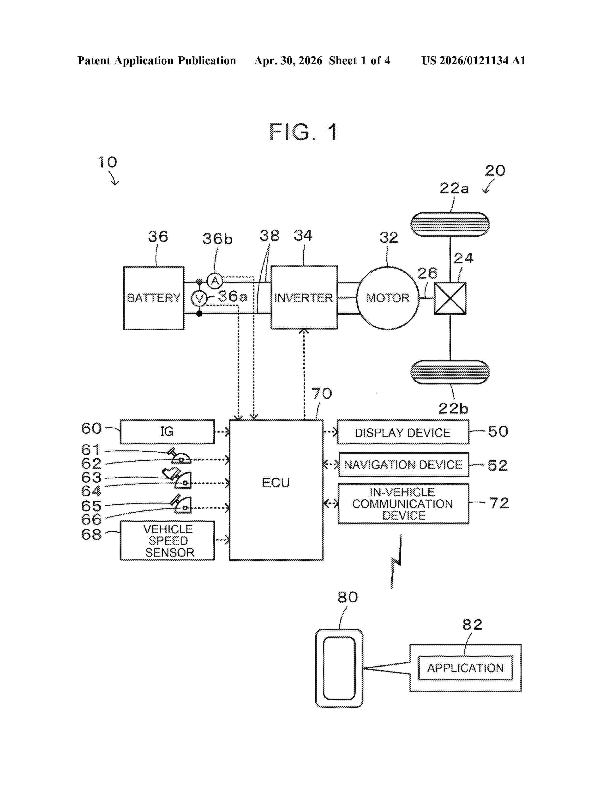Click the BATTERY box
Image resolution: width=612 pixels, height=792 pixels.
pyautogui.click(x=154, y=298)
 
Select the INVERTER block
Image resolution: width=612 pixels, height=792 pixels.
pyautogui.click(x=304, y=297)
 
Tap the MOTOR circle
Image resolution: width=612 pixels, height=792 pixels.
pyautogui.click(x=388, y=298)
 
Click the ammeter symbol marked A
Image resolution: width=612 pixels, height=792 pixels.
pyautogui.click(x=215, y=281)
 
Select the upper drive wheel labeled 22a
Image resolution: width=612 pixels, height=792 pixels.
pyautogui.click(x=450, y=224)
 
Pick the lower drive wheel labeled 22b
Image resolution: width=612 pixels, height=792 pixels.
pyautogui.click(x=450, y=372)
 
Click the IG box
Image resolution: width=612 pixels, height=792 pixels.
pyautogui.click(x=167, y=432)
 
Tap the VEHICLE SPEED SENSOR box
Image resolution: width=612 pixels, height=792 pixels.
pyautogui.click(x=167, y=540)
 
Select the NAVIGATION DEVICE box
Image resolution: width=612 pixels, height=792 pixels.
pyautogui.click(x=403, y=465)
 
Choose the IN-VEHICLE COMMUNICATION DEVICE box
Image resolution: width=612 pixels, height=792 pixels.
pyautogui.click(x=403, y=504)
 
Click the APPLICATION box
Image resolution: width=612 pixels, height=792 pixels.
pyautogui.click(x=466, y=668)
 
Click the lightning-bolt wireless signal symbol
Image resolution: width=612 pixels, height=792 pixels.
pyautogui.click(x=397, y=561)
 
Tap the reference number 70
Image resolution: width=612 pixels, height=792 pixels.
pyautogui.click(x=322, y=393)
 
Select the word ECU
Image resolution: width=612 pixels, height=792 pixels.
pyautogui.click(x=276, y=483)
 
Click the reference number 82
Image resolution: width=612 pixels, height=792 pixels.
pyautogui.click(x=472, y=624)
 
